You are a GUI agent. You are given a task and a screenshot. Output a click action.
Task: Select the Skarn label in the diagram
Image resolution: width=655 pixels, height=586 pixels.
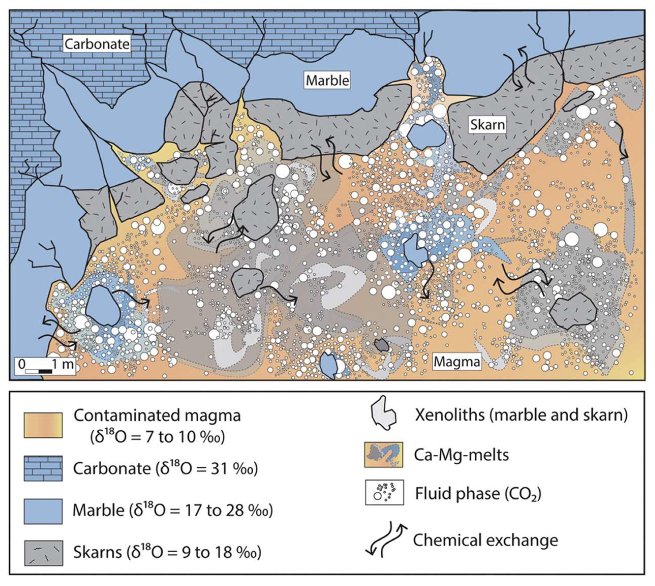[487, 124]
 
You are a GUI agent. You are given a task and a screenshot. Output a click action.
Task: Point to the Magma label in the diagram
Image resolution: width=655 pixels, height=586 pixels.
[457, 362]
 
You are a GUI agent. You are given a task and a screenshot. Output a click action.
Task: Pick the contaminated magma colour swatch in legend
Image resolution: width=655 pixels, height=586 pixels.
[43, 425]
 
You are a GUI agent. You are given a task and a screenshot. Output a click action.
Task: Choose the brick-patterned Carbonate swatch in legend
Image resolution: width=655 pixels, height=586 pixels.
[43, 468]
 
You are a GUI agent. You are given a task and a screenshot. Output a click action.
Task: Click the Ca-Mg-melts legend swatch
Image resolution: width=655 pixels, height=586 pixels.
[383, 455]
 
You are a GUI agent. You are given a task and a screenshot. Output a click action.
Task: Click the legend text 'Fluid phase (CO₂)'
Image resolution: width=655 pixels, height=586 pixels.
[478, 493]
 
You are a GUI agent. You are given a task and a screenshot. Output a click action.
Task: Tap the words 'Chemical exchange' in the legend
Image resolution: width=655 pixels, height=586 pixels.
[485, 540]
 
